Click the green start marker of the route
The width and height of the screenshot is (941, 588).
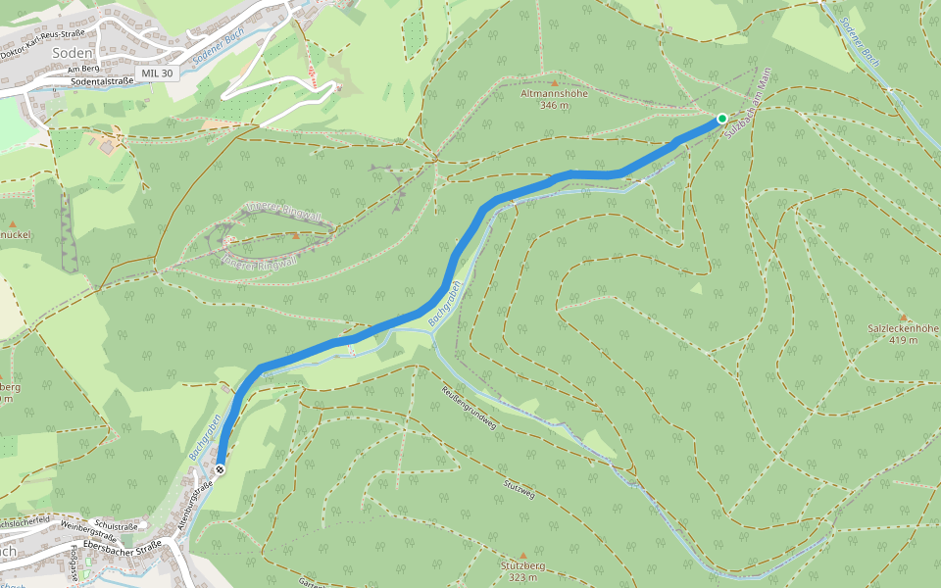(x=722, y=119)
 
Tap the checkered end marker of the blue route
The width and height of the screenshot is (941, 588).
(x=221, y=470)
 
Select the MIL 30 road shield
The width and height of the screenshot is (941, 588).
(x=157, y=73)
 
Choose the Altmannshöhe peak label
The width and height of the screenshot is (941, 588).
(x=555, y=94)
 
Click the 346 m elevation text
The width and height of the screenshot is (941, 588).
(x=555, y=105)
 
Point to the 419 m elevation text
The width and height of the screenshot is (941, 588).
(x=904, y=340)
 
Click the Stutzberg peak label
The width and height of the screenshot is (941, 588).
(x=522, y=566)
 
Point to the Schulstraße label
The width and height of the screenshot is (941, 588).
(x=116, y=526)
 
